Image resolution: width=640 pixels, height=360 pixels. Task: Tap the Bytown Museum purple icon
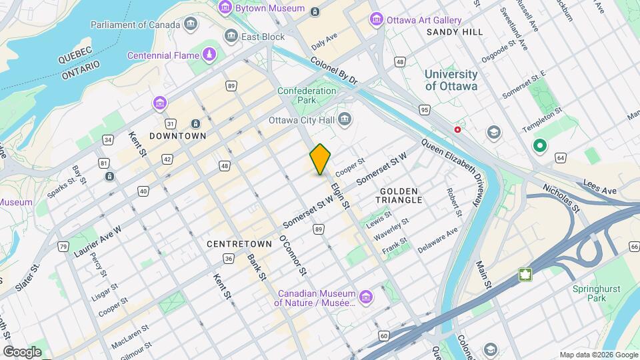click(225, 8)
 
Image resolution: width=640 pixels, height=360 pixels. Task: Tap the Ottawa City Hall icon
click(345, 120)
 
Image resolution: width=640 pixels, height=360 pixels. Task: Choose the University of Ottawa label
click(451, 80)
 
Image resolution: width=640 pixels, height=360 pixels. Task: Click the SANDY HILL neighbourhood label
click(455, 32)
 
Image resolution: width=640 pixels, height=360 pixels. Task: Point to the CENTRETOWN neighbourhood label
click(239, 244)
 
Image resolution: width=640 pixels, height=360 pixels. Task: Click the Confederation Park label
click(307, 95)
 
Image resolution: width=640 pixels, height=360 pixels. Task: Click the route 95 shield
click(424, 109)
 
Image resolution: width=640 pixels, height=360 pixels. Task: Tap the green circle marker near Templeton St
click(539, 145)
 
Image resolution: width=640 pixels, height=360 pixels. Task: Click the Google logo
click(22, 351)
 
